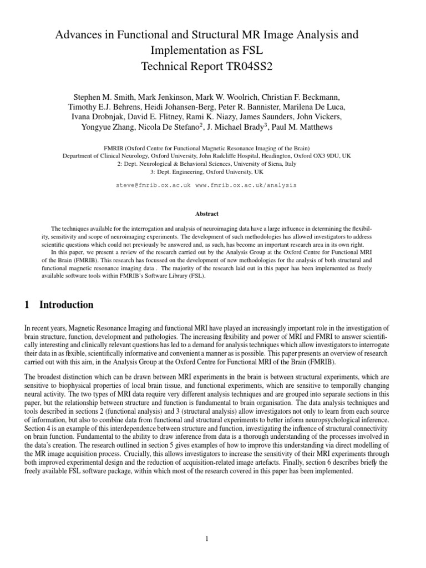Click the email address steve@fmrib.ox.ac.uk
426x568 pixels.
[x=153, y=185]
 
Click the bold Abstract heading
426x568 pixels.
[x=207, y=214]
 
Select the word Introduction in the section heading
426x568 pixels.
[x=67, y=305]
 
